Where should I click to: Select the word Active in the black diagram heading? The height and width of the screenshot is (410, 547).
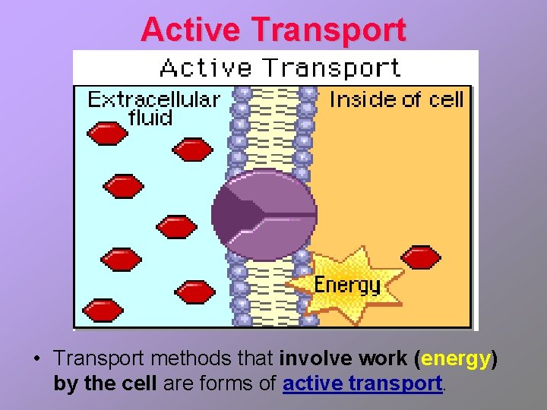[x=205, y=68]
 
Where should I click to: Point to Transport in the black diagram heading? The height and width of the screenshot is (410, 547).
[x=331, y=68]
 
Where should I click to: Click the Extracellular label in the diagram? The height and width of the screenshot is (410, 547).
[x=154, y=99]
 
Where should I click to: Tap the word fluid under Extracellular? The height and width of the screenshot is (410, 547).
[x=150, y=118]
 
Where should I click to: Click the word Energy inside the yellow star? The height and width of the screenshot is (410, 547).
[x=347, y=285]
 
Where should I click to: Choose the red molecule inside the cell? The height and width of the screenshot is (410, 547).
[x=420, y=257]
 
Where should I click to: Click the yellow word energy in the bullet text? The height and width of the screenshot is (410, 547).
[x=456, y=358]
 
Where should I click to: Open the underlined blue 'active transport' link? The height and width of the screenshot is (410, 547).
[x=362, y=383]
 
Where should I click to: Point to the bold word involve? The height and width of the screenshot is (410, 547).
[x=315, y=358]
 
